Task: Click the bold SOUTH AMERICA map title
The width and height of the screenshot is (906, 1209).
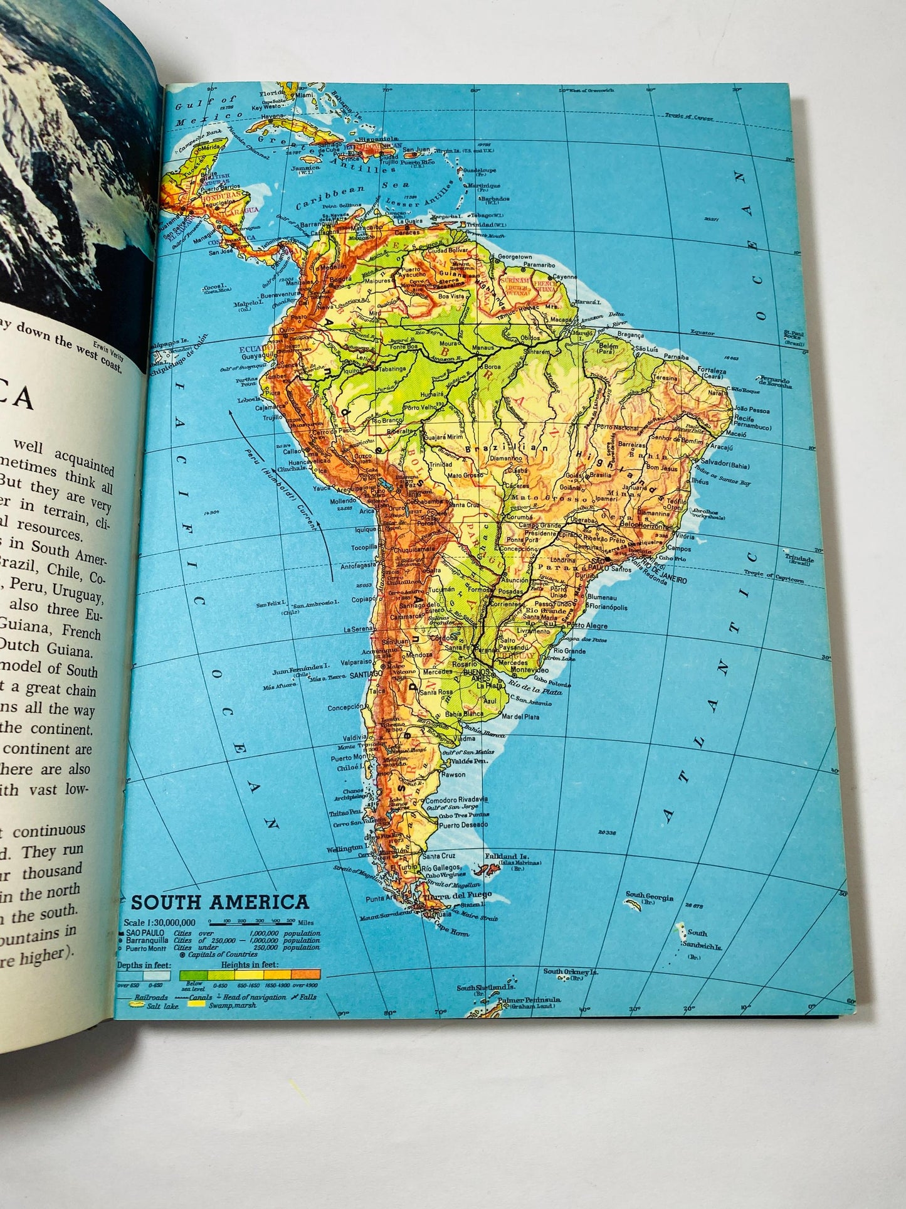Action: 219,903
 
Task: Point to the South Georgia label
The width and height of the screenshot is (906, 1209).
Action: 649,897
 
